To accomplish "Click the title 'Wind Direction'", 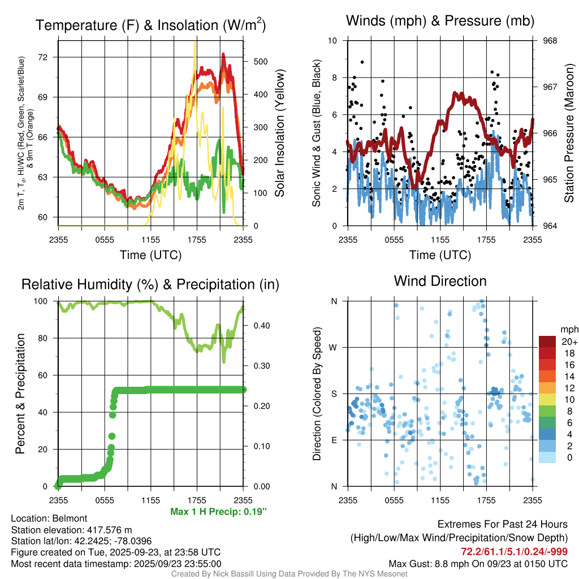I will [440, 280].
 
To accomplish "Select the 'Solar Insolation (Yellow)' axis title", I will [279, 133].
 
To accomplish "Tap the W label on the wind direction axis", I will [334, 347].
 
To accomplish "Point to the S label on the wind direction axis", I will [334, 394].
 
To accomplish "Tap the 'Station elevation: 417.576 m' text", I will [71, 530].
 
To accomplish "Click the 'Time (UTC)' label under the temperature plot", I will [150, 254].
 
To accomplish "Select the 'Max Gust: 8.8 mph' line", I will [478, 563].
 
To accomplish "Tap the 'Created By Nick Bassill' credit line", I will [289, 573].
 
